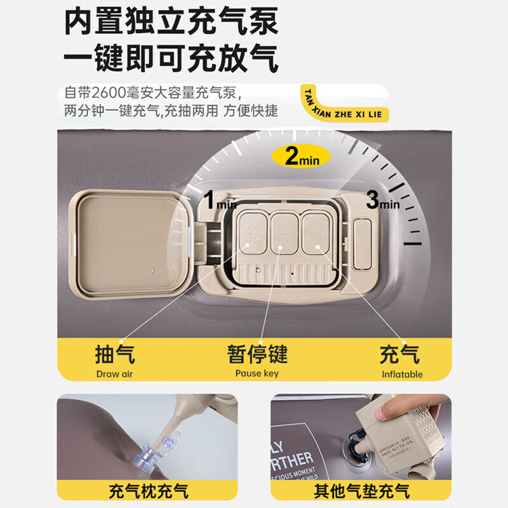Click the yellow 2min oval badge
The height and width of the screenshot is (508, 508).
tap(301, 156)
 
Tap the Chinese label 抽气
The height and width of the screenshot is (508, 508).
tap(115, 353)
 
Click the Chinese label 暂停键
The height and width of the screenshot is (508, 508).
tap(257, 353)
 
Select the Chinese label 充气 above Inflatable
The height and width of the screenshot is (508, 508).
tap(399, 353)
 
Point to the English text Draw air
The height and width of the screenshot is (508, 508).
tap(115, 373)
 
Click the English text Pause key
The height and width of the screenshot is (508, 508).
tap(257, 373)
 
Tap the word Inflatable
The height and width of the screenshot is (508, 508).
tap(402, 374)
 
